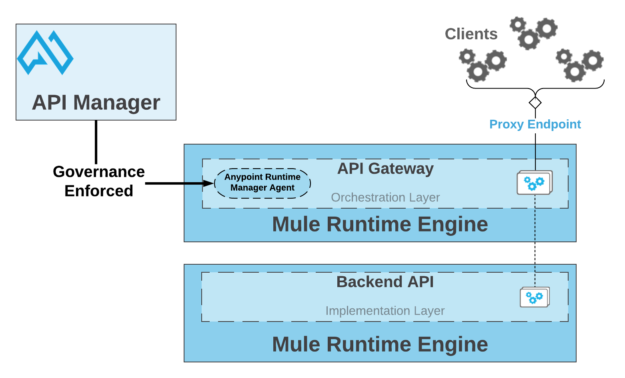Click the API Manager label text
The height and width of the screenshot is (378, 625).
pos(96,103)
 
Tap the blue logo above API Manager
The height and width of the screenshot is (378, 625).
pos(45,52)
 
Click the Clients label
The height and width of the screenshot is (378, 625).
pos(471,34)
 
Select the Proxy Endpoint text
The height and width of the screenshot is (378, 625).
pos(535,124)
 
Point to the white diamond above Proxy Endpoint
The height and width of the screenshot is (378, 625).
pos(535,103)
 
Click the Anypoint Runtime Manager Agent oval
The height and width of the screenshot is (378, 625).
pos(262,183)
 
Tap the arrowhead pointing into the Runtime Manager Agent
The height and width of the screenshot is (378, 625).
pos(208,183)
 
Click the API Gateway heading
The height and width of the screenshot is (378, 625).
pos(385,169)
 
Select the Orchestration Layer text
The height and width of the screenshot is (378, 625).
pos(385,197)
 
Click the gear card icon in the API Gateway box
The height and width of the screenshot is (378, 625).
pos(535,183)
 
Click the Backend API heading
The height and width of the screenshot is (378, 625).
pos(385,282)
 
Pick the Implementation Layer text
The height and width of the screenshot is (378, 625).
pos(385,311)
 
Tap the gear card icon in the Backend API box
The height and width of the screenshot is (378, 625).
pos(535,297)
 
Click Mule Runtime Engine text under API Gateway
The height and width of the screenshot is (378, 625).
pos(380,224)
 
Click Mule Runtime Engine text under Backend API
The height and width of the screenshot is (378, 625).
pos(380,344)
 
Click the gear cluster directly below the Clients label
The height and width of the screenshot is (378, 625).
pos(482,65)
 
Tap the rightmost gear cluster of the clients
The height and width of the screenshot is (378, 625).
pos(579,65)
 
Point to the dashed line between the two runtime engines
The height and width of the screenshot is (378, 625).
pos(535,253)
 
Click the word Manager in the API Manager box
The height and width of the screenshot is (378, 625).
pos(116,103)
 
